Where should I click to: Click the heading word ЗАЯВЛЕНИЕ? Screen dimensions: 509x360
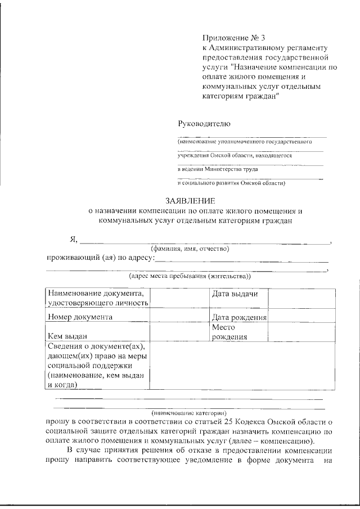190,201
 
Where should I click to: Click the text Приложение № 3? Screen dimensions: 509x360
233,38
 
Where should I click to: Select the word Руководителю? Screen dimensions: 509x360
204,124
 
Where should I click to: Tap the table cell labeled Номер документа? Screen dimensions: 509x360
80,317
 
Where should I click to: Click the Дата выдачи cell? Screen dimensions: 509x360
235,294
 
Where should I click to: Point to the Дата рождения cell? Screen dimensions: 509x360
239,318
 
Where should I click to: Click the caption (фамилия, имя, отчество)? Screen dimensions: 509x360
190,249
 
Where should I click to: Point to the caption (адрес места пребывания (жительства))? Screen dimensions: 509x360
190,276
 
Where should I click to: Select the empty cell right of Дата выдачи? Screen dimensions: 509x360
303,299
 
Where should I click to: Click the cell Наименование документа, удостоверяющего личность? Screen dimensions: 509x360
97,299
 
